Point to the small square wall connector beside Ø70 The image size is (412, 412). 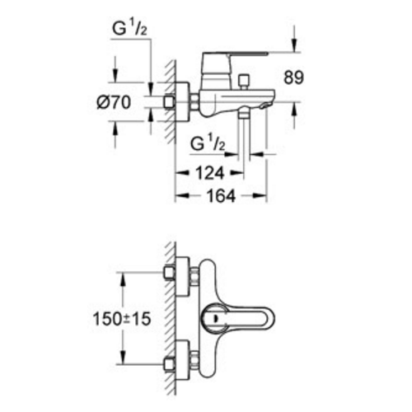point(170,102)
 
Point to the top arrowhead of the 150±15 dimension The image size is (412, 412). point(124,277)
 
